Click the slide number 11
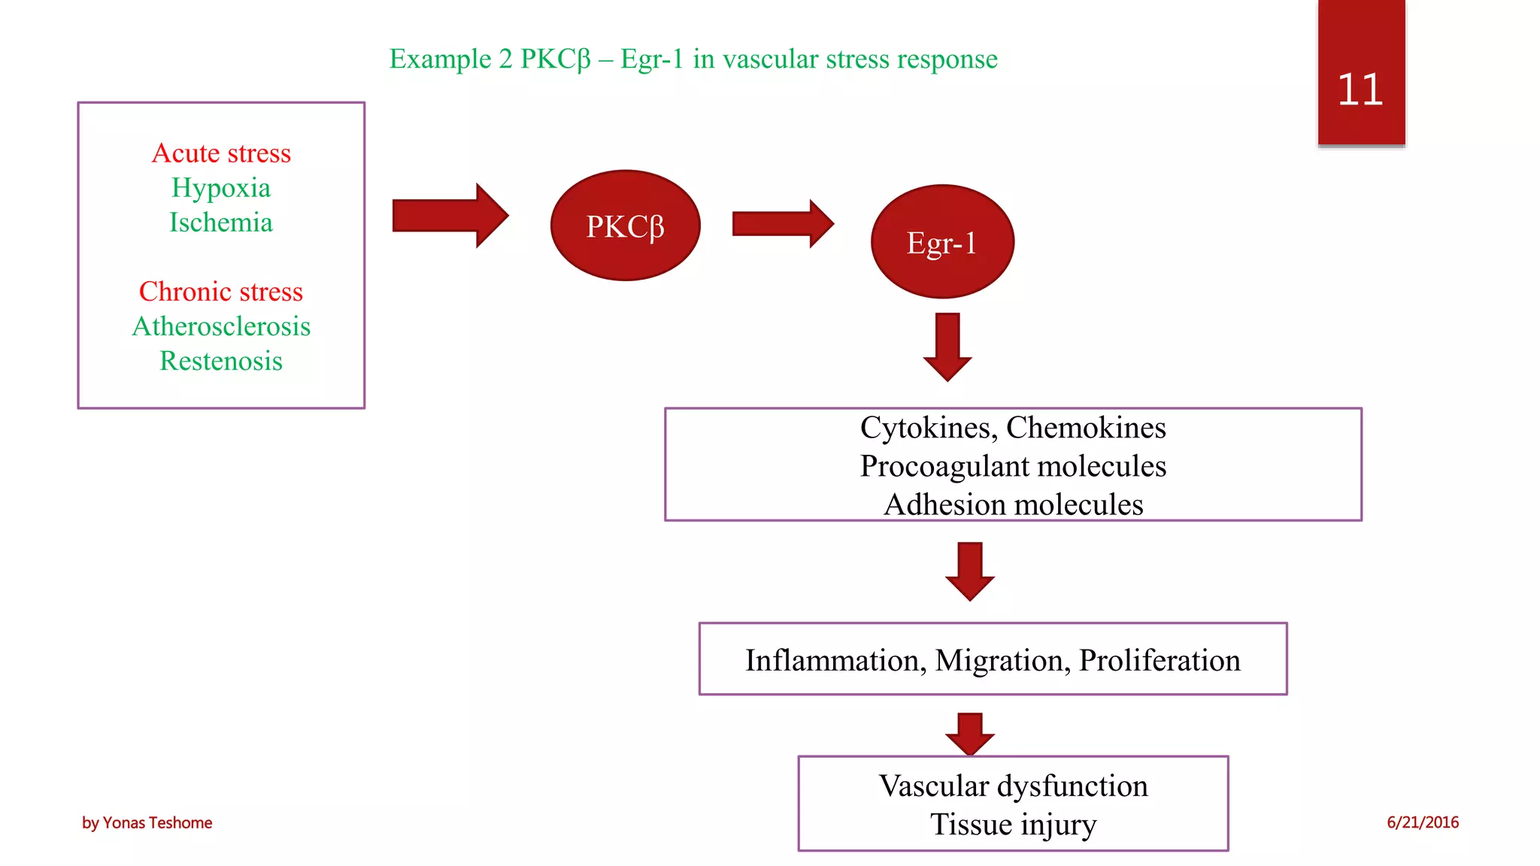(1360, 90)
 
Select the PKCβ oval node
(625, 226)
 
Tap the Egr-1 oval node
(941, 242)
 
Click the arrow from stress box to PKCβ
(450, 216)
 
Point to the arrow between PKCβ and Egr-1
(782, 223)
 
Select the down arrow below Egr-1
(947, 347)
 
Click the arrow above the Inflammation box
(969, 571)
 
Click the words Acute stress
(221, 153)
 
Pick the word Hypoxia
(221, 188)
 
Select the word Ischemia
(221, 223)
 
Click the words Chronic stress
(221, 292)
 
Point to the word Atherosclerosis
(221, 326)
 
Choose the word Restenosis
(221, 361)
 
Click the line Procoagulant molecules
(1013, 466)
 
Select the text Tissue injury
(1013, 825)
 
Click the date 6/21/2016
(1422, 822)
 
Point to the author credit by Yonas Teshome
(147, 822)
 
